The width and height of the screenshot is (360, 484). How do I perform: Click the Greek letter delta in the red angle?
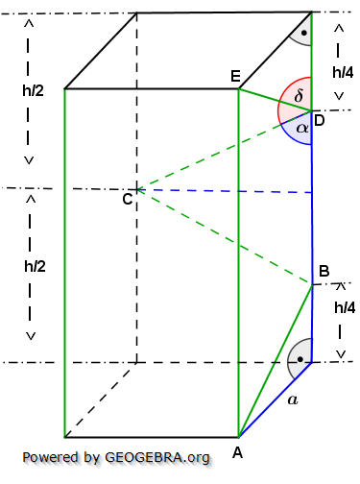coord(299,97)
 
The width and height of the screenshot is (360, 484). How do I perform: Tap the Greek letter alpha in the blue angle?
coord(301,127)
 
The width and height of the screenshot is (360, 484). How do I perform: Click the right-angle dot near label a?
coord(301,360)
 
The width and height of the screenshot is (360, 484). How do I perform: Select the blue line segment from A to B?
coord(276,360)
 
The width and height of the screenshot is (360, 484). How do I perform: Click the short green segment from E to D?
coord(275,100)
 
